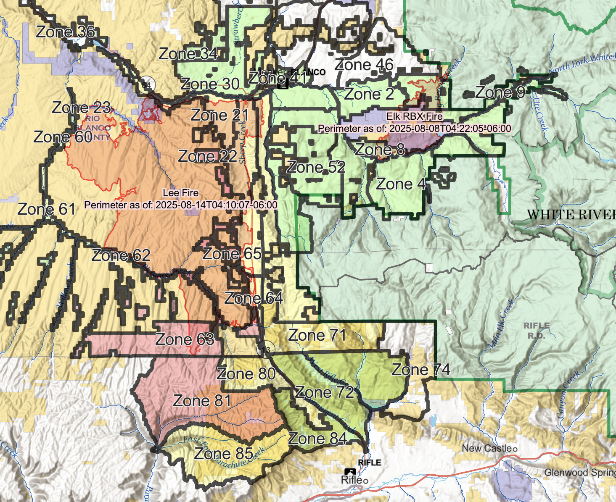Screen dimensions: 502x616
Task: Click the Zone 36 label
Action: pos(65,32)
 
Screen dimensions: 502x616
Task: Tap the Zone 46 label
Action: pos(364,65)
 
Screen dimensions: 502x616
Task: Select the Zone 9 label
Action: pos(500,92)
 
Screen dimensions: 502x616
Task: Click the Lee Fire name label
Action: pos(181,193)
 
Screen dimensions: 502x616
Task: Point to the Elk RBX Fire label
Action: pos(415,116)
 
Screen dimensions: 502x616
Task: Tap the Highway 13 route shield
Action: pos(266,350)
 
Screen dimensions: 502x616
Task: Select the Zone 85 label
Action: pos(223,454)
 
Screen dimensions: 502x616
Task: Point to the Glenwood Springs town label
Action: pos(579,473)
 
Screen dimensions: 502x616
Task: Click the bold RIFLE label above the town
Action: pos(369,463)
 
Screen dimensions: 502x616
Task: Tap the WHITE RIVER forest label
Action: pos(571,215)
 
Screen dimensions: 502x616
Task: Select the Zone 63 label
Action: pos(185,339)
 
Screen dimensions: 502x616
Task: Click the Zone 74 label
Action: pos(420,370)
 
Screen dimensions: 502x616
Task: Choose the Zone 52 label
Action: pos(316,167)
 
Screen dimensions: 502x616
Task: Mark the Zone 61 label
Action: pos(46,209)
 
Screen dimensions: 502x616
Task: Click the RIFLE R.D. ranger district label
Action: pos(536,331)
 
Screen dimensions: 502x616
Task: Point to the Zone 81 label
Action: pos(202,401)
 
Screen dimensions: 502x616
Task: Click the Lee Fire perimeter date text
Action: pos(181,205)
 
